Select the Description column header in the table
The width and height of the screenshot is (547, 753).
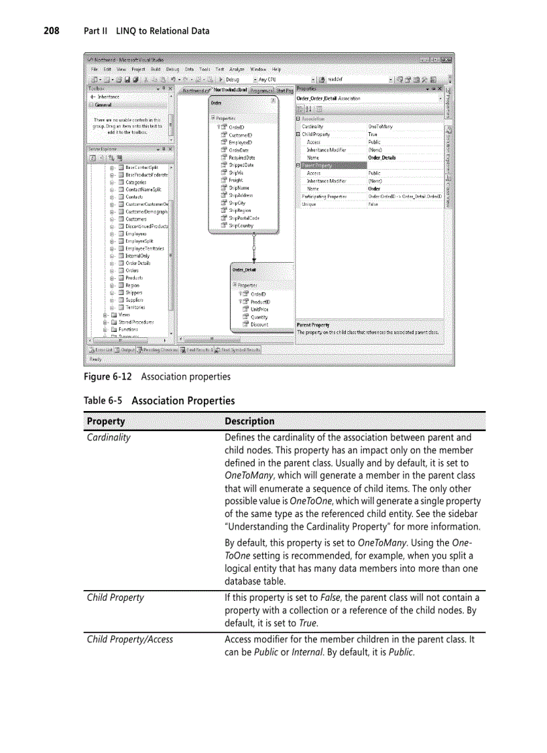(x=249, y=421)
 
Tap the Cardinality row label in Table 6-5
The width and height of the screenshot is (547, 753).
(x=109, y=437)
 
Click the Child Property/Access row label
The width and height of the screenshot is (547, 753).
(x=130, y=639)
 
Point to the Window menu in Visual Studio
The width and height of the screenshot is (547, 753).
(x=258, y=69)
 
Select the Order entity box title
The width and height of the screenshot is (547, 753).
(x=217, y=103)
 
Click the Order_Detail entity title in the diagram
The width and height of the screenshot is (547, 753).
(x=245, y=270)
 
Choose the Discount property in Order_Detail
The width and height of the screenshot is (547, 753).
(x=259, y=325)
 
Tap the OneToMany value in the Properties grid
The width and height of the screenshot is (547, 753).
(x=380, y=126)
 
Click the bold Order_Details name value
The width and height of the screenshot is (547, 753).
(x=382, y=158)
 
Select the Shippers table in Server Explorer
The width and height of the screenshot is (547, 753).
(x=133, y=292)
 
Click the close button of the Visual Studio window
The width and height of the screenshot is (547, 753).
(x=445, y=59)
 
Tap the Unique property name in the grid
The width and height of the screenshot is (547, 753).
(x=308, y=205)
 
